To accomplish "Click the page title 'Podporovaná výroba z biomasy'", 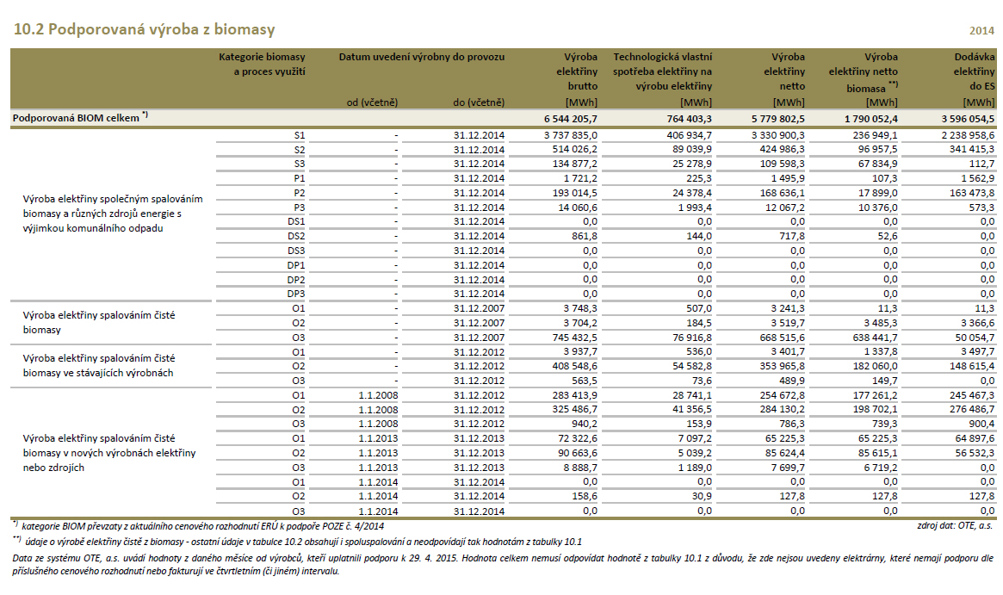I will click(145, 30).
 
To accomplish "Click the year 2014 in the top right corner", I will click(981, 31).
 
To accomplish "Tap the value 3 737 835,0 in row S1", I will click(571, 135).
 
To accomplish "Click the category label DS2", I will click(296, 236).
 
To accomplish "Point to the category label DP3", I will click(296, 294).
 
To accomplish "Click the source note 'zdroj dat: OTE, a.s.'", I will click(955, 524).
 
